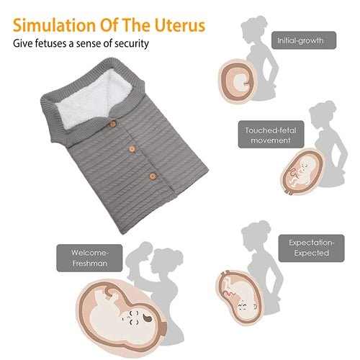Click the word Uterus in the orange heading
pos(180,25)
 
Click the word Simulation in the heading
pos(55,25)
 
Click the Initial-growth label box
pos(304,40)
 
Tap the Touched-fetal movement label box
pos(271,135)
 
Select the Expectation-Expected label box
pos(311,248)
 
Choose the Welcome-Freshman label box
pos(89,258)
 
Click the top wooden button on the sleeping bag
pos(113,124)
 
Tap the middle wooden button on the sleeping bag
pos(132,149)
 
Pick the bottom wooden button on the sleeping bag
pos(153,176)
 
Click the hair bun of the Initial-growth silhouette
pos(261,21)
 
